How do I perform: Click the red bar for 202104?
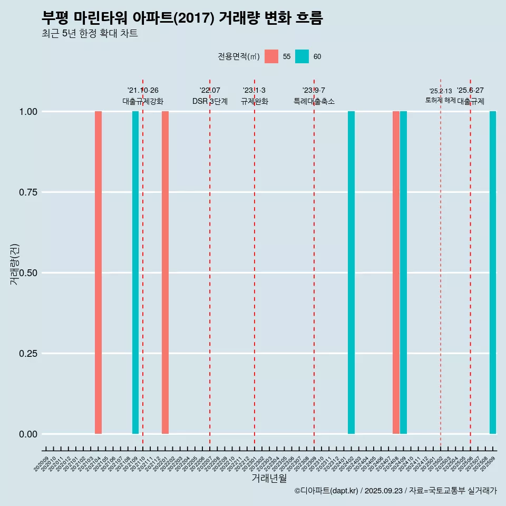point(98,273)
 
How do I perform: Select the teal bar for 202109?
point(135,273)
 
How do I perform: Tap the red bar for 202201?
point(165,273)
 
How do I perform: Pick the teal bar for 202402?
point(351,273)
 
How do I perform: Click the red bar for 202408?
point(396,273)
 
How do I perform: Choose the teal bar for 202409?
point(403,273)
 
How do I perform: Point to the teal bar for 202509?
point(493,273)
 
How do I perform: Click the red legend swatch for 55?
point(271,56)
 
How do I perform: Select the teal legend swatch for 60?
point(302,56)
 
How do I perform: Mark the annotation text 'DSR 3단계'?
point(210,101)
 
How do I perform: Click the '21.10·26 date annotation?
point(143,90)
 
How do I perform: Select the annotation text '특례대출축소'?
point(314,101)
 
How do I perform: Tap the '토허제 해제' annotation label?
point(441,100)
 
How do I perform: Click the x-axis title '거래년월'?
point(269,478)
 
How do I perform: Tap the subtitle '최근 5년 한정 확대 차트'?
point(90,34)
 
